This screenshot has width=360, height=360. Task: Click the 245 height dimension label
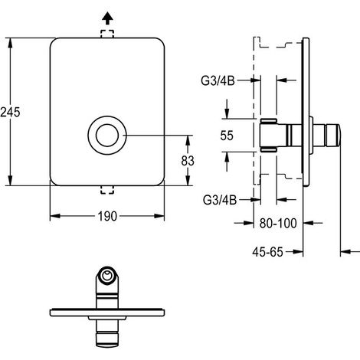[x=10, y=112]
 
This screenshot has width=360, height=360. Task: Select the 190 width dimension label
[x=107, y=216]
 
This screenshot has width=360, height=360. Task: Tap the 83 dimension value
[x=188, y=161]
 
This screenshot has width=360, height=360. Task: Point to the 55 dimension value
[x=227, y=136]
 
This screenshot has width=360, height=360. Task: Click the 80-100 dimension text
[x=278, y=223]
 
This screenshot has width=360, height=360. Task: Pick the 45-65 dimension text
[x=268, y=252]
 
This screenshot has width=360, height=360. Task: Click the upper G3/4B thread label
[x=218, y=81]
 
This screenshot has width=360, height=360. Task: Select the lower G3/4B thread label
[x=220, y=200]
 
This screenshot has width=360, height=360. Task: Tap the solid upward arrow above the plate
[x=107, y=18]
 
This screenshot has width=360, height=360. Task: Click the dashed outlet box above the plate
[x=107, y=34]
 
